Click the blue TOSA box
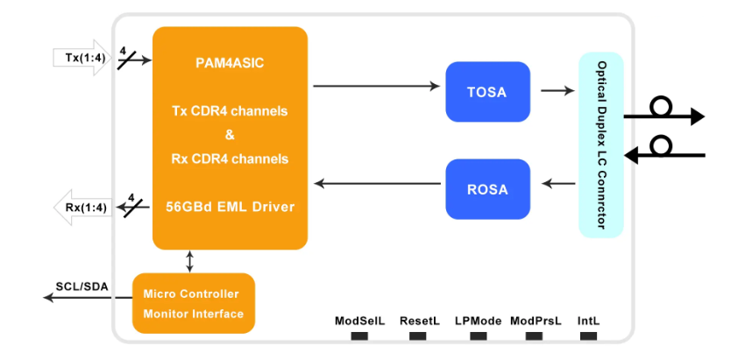487,92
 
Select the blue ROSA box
487,189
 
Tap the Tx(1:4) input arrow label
82,59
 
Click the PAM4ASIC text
230,63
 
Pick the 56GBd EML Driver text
230,207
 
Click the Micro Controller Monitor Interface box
194,303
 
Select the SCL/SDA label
82,286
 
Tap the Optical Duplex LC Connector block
601,145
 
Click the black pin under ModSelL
359,335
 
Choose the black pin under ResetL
417,335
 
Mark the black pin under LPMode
478,335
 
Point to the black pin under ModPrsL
534,335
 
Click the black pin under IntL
589,335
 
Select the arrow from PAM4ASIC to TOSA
376,86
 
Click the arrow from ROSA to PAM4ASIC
378,183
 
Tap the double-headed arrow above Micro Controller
190,261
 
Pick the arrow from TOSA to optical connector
557,90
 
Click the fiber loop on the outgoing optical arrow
661,106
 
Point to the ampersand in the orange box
230,136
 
